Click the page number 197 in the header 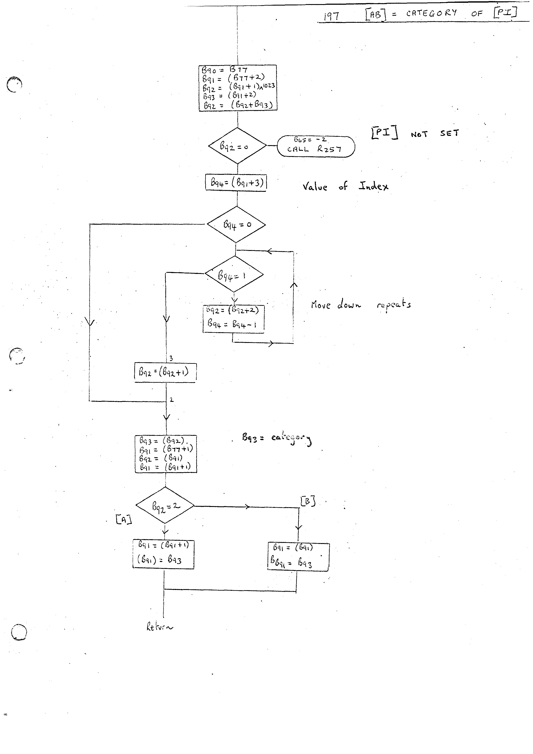[331, 15]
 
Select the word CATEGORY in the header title [431, 13]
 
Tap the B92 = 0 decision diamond [237, 146]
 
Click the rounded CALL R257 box [316, 146]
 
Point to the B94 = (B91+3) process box [236, 182]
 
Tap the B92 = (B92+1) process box [165, 372]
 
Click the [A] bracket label [124, 519]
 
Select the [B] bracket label [308, 501]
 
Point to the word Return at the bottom [159, 627]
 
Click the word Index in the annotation [373, 186]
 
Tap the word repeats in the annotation [394, 304]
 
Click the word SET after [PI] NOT [449, 133]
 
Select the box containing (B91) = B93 [163, 554]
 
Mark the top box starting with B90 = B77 [238, 88]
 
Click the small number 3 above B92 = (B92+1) [171, 358]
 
